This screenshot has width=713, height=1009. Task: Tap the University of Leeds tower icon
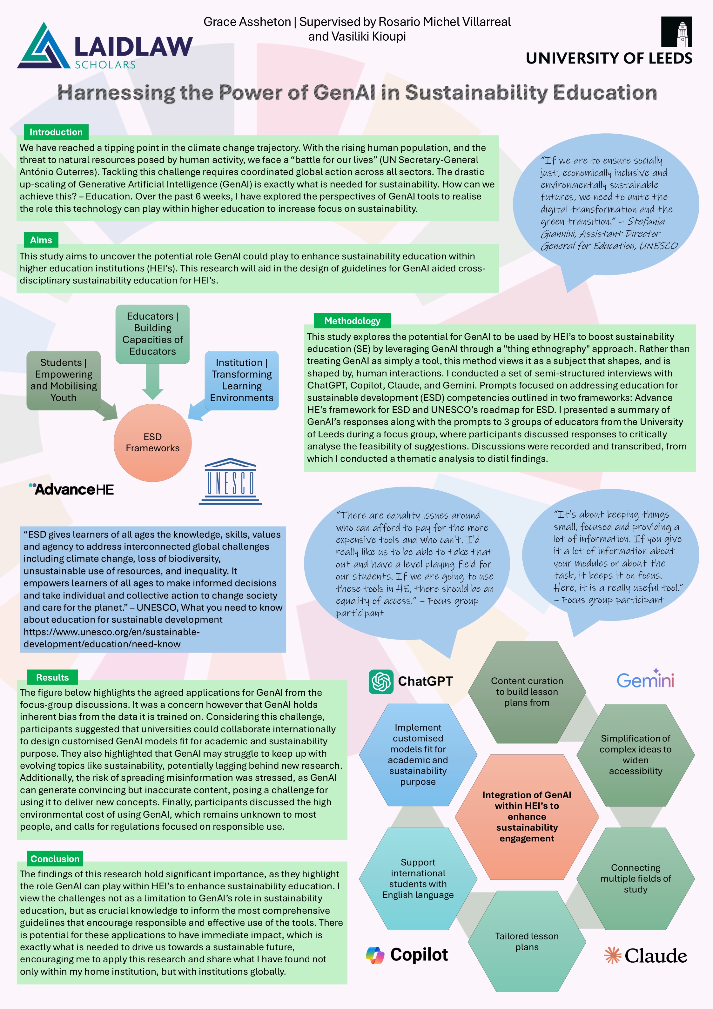coord(676,32)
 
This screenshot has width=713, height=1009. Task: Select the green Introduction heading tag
coord(56,132)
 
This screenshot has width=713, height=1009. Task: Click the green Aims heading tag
coord(41,240)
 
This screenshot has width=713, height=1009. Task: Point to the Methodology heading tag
coord(352,321)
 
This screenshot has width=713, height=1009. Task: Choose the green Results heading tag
coord(52,677)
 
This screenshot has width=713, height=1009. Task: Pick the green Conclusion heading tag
coord(55,859)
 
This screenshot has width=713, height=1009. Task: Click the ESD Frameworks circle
coord(153,442)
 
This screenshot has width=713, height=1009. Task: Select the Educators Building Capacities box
coord(153,334)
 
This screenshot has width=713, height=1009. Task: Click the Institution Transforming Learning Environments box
coord(241,380)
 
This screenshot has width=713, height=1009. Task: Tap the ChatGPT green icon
coord(381,681)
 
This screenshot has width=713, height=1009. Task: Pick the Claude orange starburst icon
coord(612,955)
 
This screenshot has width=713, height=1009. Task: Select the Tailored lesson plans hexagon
coord(527,941)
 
